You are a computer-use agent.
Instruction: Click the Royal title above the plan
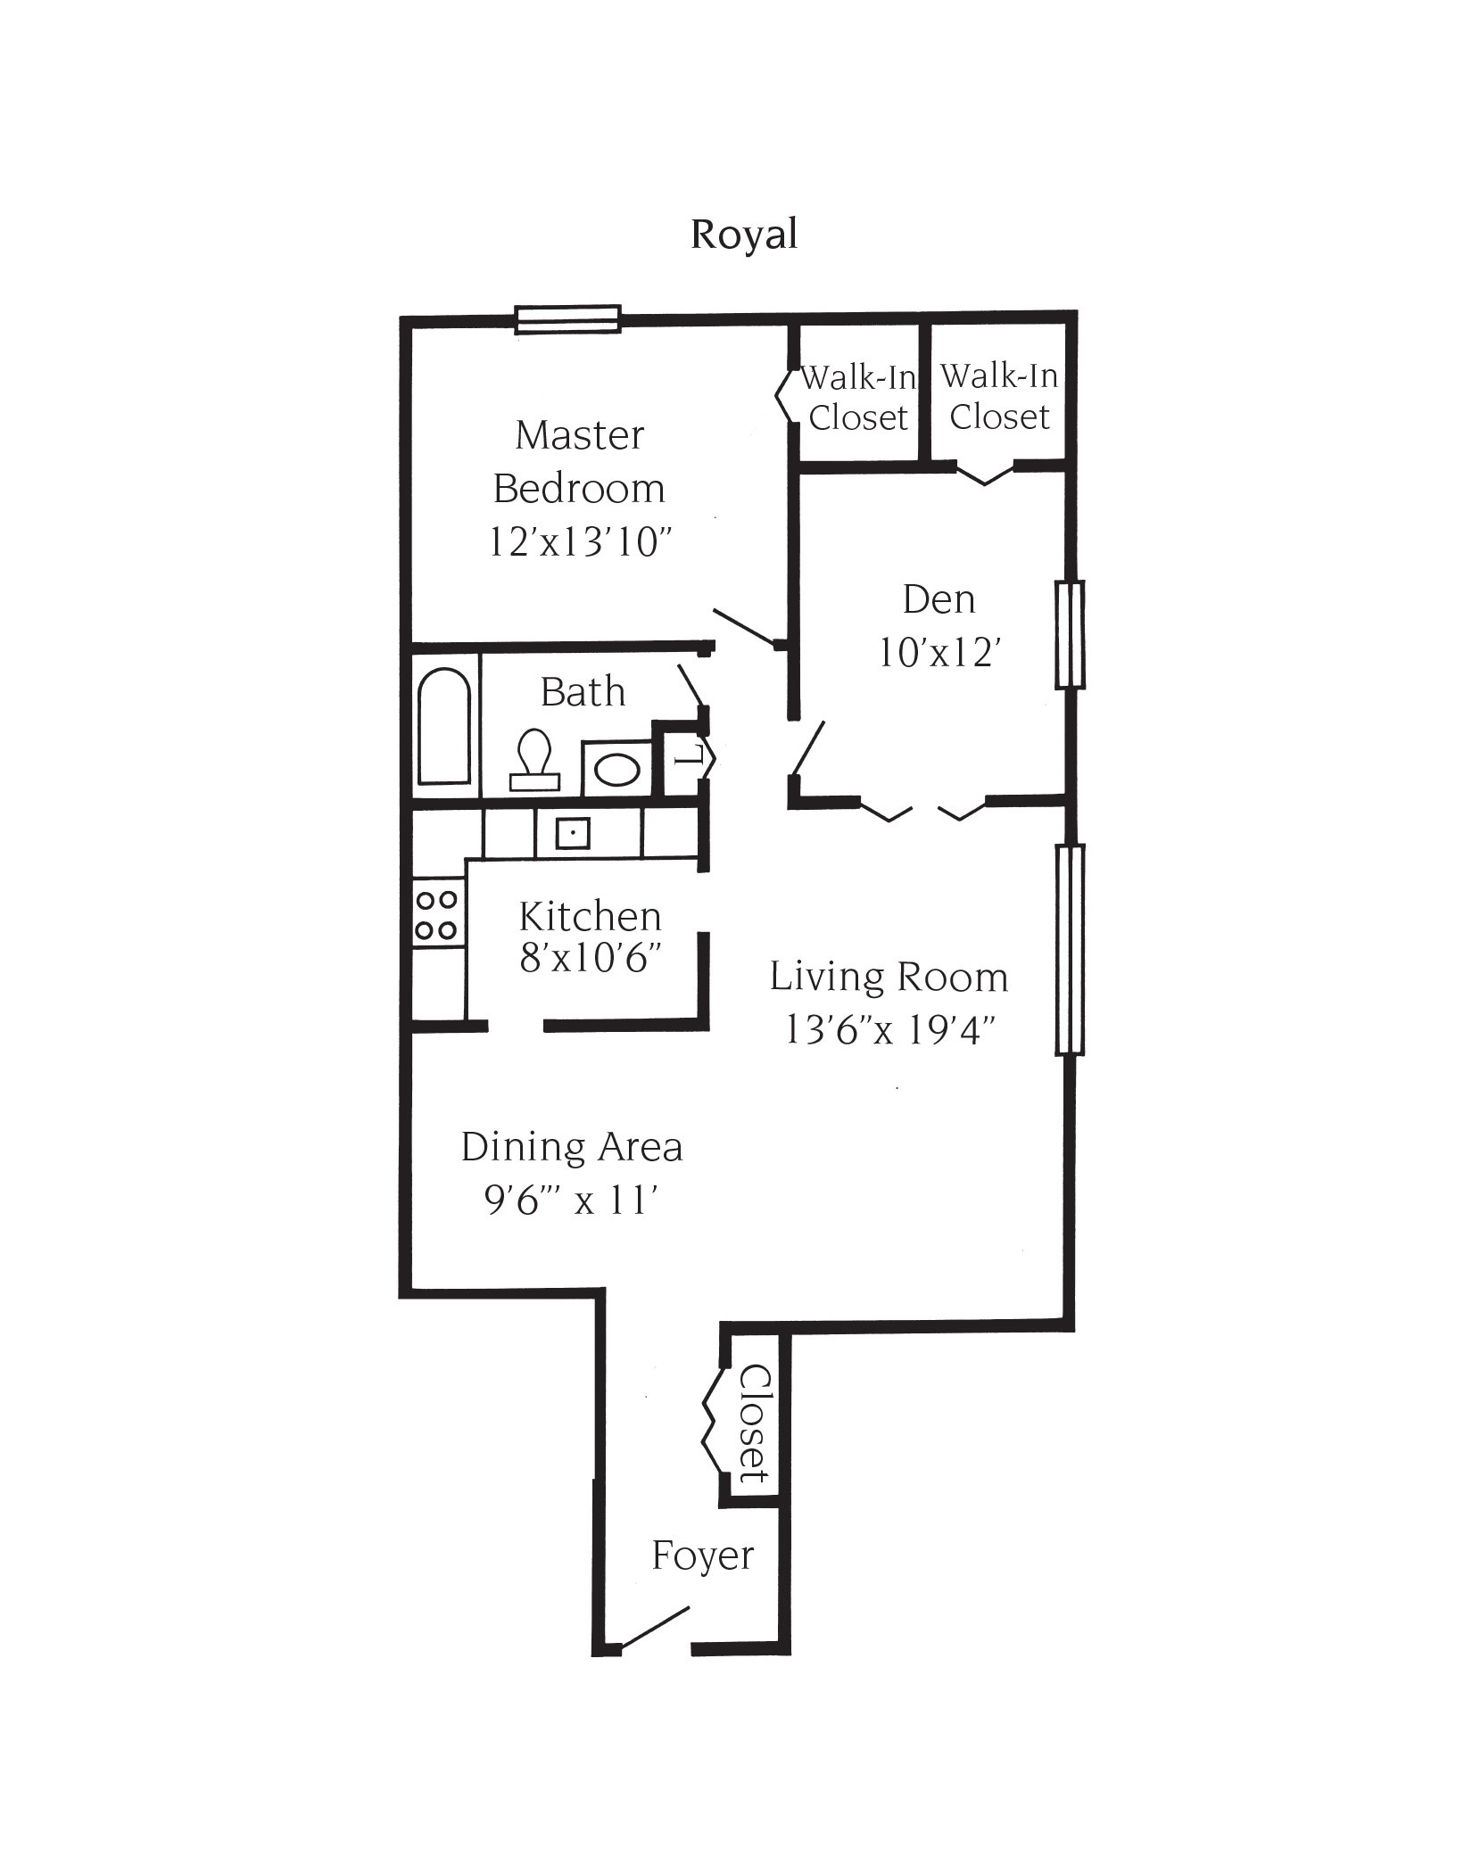point(743,235)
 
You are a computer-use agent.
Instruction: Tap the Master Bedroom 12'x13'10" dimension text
point(579,542)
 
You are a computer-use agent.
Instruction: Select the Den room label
point(939,599)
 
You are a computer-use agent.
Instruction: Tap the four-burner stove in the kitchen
point(436,914)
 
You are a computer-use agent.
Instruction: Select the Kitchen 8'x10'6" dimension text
point(590,960)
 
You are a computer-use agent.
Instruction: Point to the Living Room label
point(889,978)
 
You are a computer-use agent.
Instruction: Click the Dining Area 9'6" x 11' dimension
point(571,1202)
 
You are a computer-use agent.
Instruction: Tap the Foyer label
point(702,1556)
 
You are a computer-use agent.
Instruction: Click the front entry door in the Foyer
point(654,1628)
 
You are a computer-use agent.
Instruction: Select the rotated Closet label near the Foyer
point(755,1423)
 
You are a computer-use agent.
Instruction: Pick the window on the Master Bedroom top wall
point(567,319)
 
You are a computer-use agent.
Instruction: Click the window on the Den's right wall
point(1070,635)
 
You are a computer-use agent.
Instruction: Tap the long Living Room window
point(1070,949)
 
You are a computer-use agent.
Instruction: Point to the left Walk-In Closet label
point(857,398)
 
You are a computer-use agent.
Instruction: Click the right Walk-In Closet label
point(999,397)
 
